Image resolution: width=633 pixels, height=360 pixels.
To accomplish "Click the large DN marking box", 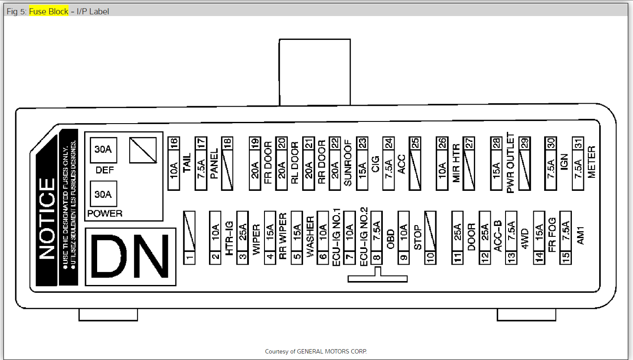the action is tap(131, 257).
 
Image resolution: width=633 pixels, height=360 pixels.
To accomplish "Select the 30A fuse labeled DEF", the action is tap(103, 150).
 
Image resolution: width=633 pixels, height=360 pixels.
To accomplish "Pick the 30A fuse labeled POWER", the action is tap(103, 194).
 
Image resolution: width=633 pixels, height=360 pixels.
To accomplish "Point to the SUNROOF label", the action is tap(348, 163).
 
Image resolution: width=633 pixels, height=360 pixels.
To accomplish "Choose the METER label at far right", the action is tap(592, 162).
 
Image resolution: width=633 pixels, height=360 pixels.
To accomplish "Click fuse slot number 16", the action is tap(174, 164).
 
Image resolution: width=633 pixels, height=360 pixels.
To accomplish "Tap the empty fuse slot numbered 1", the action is tap(189, 238).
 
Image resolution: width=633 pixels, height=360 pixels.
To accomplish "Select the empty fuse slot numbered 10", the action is tap(430, 238).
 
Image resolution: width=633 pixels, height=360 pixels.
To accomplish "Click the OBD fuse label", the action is tap(391, 239).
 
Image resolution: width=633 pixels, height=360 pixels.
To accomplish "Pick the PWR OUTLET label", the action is tap(510, 163).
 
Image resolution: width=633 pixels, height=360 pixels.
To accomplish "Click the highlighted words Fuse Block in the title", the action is tap(49, 11).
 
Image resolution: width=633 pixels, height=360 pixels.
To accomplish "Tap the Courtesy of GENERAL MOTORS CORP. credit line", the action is tap(316, 351).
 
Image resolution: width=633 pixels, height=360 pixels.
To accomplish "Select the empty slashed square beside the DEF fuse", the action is tap(143, 150).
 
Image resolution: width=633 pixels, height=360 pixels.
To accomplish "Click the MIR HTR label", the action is tap(456, 163).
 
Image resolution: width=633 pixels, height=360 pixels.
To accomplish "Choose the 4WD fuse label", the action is tap(525, 239).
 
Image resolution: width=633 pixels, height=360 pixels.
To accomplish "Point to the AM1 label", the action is tap(580, 235).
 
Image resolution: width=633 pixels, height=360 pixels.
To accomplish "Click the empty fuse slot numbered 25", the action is tap(415, 164).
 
